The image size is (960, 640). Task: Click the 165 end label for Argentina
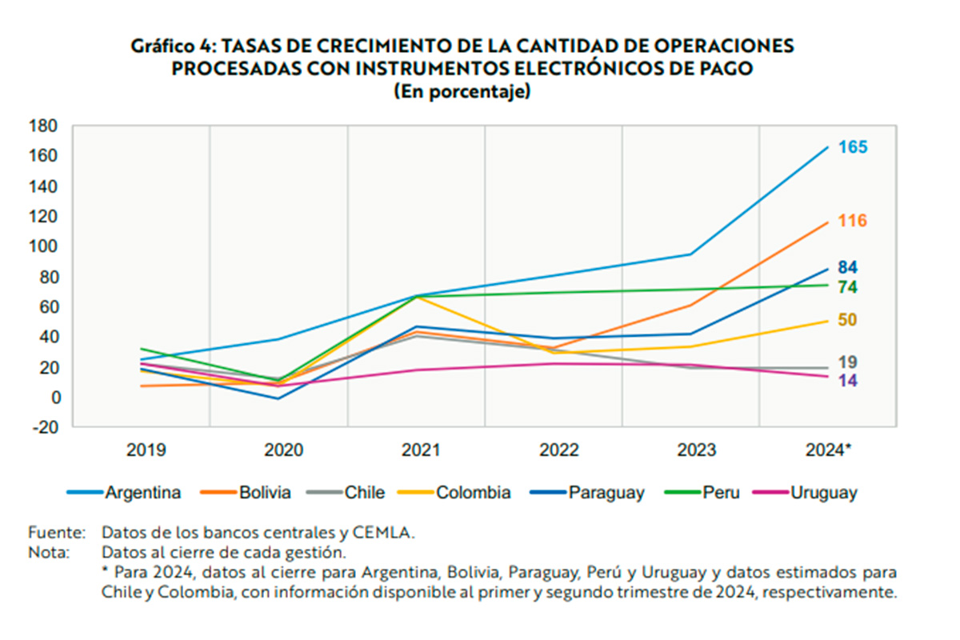pyautogui.click(x=853, y=147)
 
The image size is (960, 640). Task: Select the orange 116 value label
pyautogui.click(x=853, y=221)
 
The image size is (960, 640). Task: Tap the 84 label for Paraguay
pyautogui.click(x=848, y=267)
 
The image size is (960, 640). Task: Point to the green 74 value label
pyautogui.click(x=848, y=287)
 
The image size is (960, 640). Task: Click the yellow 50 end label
pyautogui.click(x=848, y=320)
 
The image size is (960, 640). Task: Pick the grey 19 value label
pyautogui.click(x=848, y=362)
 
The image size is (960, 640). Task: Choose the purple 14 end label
pyautogui.click(x=848, y=381)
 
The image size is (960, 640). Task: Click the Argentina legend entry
pyautogui.click(x=142, y=493)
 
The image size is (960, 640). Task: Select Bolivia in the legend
pyautogui.click(x=264, y=493)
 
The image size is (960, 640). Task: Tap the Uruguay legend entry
pyautogui.click(x=823, y=493)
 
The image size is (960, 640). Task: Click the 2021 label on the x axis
pyautogui.click(x=421, y=450)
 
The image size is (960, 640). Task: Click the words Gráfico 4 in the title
pyautogui.click(x=170, y=46)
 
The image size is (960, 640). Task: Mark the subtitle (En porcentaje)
pyautogui.click(x=462, y=91)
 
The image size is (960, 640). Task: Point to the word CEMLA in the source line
pyautogui.click(x=387, y=532)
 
